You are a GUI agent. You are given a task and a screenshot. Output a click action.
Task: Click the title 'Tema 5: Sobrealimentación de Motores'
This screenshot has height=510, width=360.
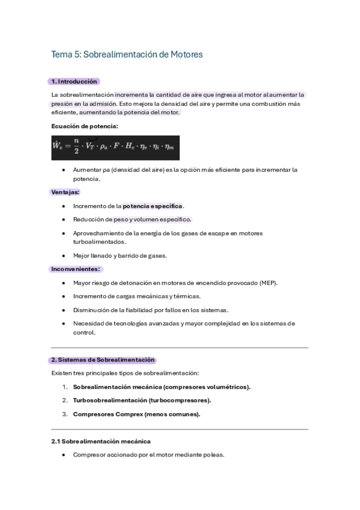coord(127,55)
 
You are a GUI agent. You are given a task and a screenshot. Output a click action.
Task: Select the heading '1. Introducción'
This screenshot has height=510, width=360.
coord(74,82)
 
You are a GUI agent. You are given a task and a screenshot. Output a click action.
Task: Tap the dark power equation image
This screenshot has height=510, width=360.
coord(115,147)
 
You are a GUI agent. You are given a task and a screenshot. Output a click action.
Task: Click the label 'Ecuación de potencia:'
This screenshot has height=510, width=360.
coord(85,126)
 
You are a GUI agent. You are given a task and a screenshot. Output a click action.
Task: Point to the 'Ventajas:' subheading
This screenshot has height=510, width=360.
coord(65,192)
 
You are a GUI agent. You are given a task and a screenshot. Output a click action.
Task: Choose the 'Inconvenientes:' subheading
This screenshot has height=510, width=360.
coord(76,269)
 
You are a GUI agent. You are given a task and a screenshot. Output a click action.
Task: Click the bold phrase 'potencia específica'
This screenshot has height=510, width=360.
coord(153,206)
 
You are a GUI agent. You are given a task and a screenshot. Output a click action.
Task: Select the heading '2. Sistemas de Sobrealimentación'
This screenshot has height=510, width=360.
coord(103,360)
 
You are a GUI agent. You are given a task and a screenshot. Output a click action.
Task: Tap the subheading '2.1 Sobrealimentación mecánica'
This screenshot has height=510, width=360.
coord(101,441)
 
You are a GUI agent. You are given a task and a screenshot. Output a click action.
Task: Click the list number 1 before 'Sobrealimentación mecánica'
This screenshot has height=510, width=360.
coord(64,387)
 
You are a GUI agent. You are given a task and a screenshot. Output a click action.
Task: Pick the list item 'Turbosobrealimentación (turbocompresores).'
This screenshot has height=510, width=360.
coord(142,401)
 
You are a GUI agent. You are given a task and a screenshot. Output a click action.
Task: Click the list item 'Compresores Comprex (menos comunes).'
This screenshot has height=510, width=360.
coord(136,414)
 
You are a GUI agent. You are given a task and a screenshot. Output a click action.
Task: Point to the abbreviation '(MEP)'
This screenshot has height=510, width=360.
coord(267,283)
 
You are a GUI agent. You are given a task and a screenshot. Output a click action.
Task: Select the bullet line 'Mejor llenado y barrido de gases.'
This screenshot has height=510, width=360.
coord(120,256)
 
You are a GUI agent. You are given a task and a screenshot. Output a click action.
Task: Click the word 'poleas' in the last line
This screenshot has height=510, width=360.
coord(212,455)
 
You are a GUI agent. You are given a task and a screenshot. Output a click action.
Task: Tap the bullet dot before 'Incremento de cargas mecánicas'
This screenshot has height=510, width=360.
coord(64,296)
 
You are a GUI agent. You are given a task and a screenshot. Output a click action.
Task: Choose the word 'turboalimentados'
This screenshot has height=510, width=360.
coord(99,242)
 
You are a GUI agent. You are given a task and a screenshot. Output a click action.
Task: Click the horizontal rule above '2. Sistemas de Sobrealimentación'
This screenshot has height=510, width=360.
coord(180,348)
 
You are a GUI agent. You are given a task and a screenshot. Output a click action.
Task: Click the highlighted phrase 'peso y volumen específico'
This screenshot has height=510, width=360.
coord(152,220)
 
